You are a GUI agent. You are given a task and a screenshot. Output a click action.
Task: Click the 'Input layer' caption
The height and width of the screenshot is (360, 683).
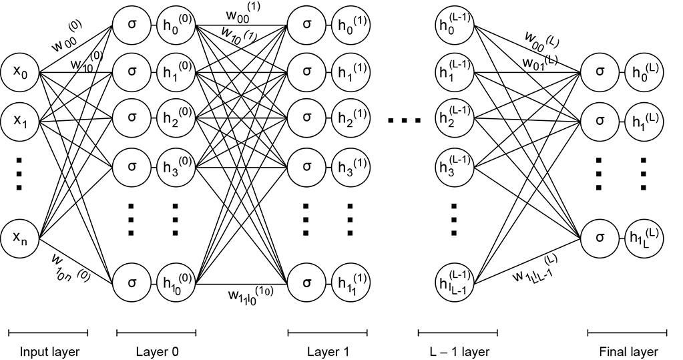coord(48,351)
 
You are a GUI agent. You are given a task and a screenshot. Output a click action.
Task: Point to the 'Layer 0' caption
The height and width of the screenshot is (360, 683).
coord(156,351)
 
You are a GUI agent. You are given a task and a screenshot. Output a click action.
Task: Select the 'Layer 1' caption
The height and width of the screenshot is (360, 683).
coord(328,351)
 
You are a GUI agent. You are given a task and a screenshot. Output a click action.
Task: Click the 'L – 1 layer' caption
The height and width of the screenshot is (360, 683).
coord(457,351)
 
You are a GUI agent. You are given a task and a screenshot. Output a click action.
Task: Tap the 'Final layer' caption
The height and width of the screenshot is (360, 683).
coord(628,351)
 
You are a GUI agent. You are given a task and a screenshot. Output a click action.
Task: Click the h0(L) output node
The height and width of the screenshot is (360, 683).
coord(643,71)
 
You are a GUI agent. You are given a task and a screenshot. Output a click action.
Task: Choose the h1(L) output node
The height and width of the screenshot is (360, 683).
coord(643,121)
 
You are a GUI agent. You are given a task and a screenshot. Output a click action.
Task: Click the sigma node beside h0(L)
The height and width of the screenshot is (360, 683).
coord(599,71)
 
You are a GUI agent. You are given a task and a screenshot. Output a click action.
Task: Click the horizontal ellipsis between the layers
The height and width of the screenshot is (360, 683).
coord(405,121)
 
